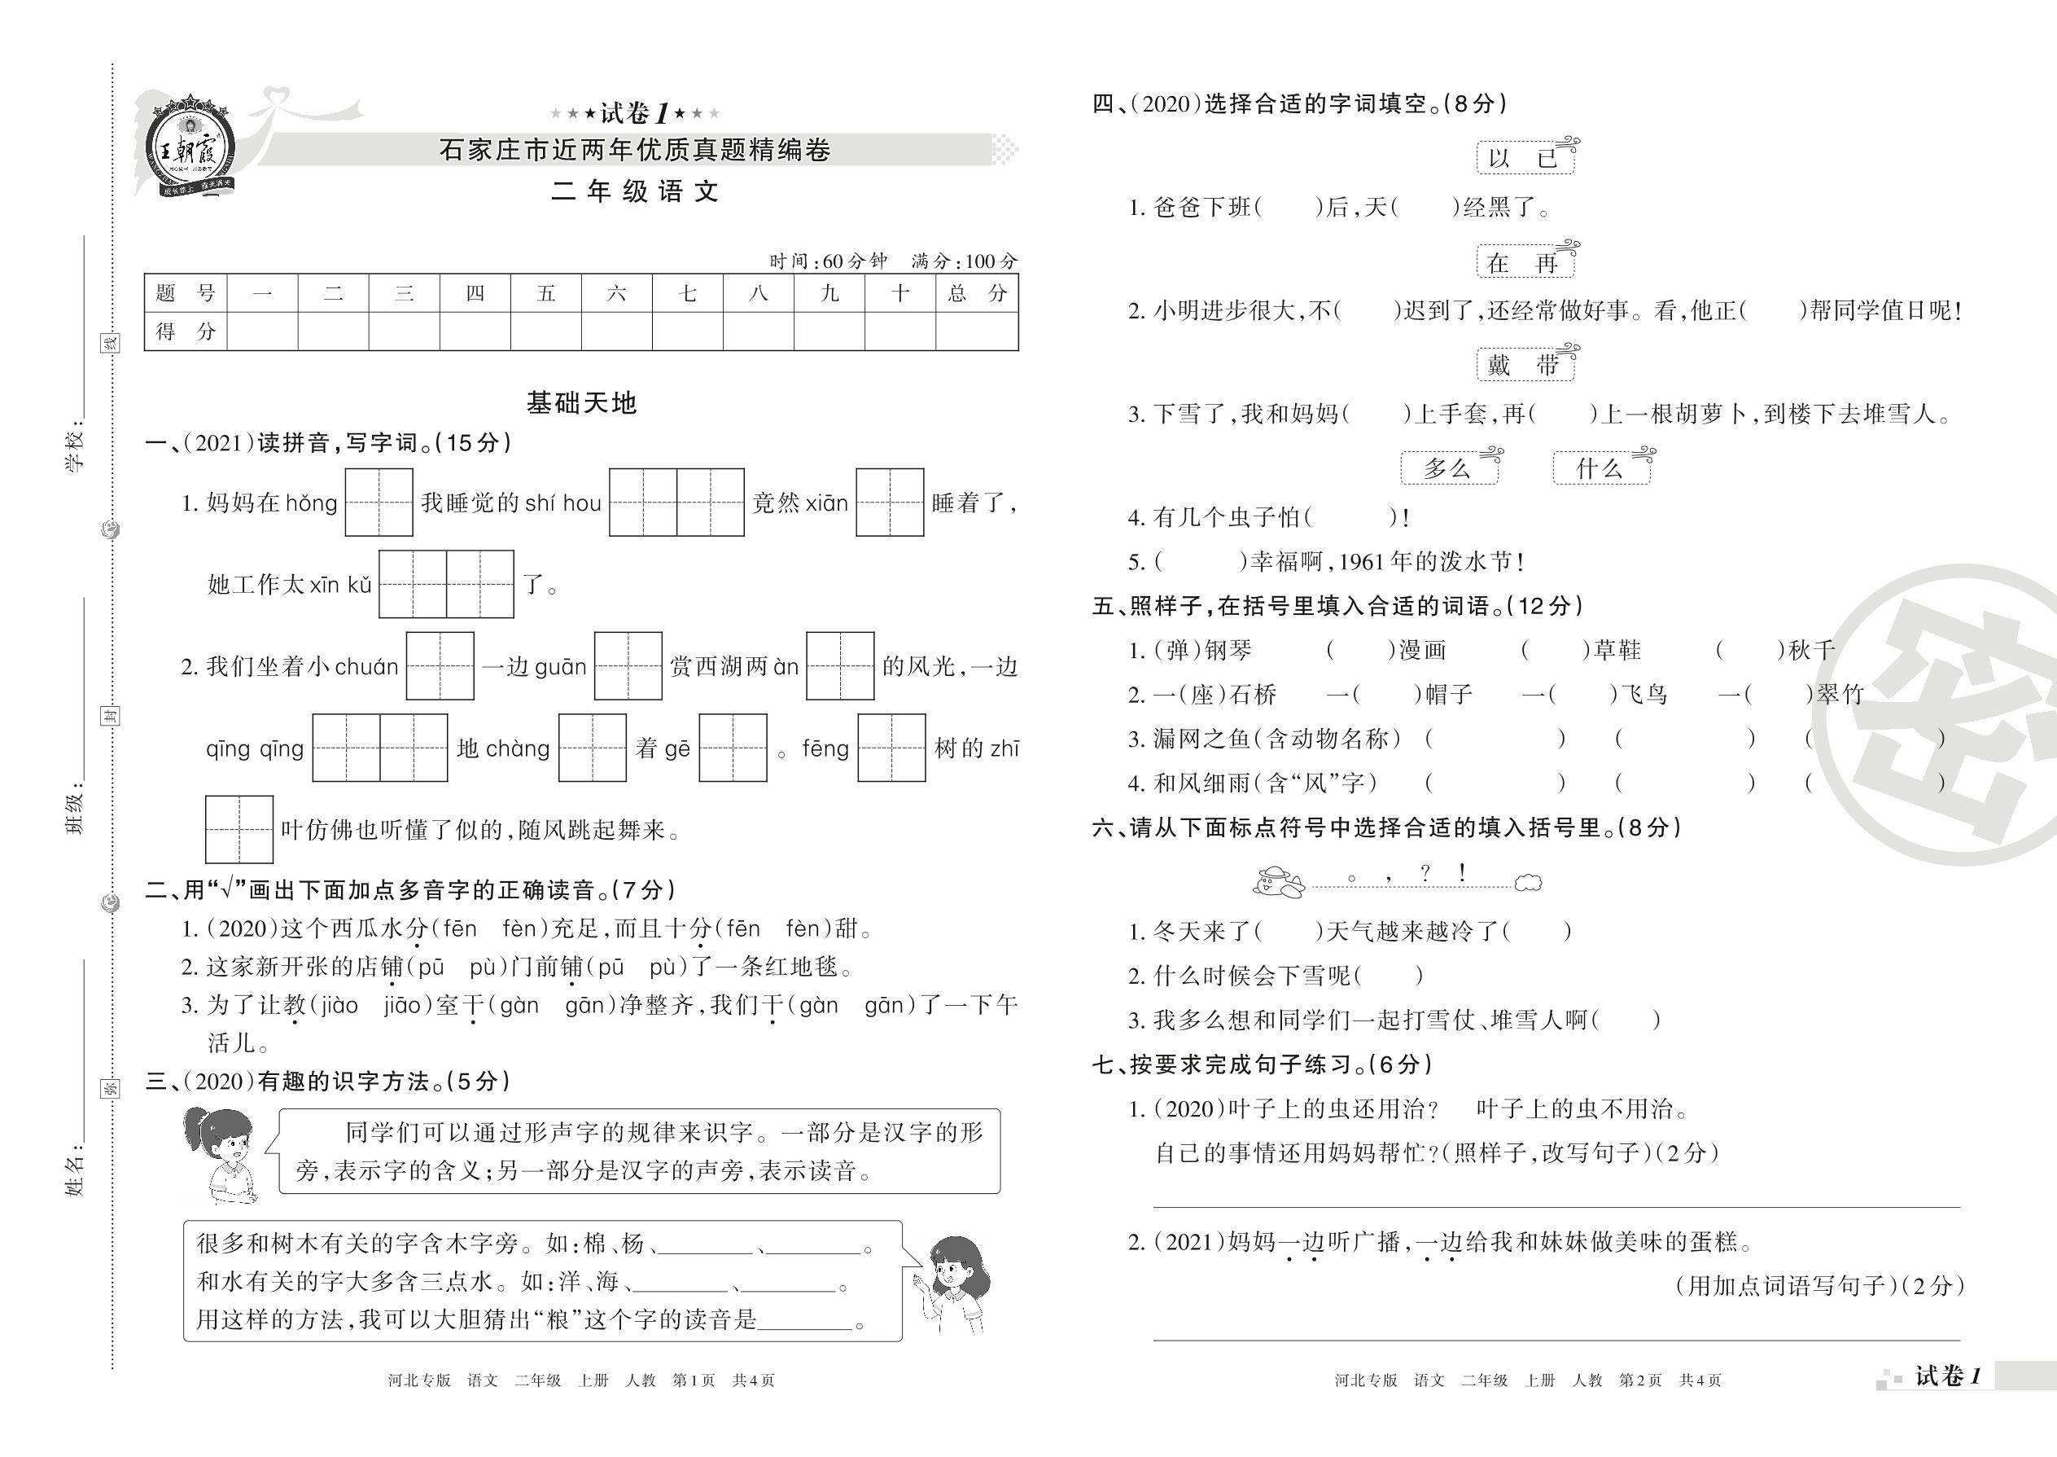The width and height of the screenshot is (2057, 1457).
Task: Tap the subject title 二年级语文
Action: click(635, 192)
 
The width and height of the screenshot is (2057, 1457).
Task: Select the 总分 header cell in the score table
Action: click(977, 293)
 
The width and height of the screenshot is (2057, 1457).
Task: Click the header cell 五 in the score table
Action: click(545, 293)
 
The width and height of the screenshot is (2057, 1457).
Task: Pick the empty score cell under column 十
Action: click(899, 331)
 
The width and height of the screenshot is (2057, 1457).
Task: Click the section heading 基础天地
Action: click(581, 403)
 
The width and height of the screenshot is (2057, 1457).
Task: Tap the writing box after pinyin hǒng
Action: click(379, 502)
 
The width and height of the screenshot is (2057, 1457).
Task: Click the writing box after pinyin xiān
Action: click(890, 502)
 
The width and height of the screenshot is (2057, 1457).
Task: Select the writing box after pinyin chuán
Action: click(440, 665)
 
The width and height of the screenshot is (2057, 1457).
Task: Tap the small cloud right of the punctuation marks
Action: click(1528, 884)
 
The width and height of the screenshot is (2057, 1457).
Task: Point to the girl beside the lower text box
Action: click(956, 1283)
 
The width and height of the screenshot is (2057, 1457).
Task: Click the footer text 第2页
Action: click(1640, 1380)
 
